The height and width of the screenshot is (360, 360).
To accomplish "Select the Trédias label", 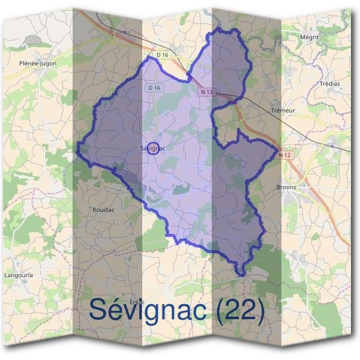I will [329, 83].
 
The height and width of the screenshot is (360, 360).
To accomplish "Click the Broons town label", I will [286, 187].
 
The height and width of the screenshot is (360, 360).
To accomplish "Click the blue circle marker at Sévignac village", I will [153, 148].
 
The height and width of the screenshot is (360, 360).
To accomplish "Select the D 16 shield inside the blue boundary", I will [154, 88].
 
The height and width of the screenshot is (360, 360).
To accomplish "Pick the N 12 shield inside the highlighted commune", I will [207, 91].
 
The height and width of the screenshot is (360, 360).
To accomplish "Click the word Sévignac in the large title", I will [151, 310].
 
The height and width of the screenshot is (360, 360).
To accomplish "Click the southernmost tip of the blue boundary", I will [241, 275].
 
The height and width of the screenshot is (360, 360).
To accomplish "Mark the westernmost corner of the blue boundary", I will [78, 143].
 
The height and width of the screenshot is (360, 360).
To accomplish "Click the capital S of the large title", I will [100, 310].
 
